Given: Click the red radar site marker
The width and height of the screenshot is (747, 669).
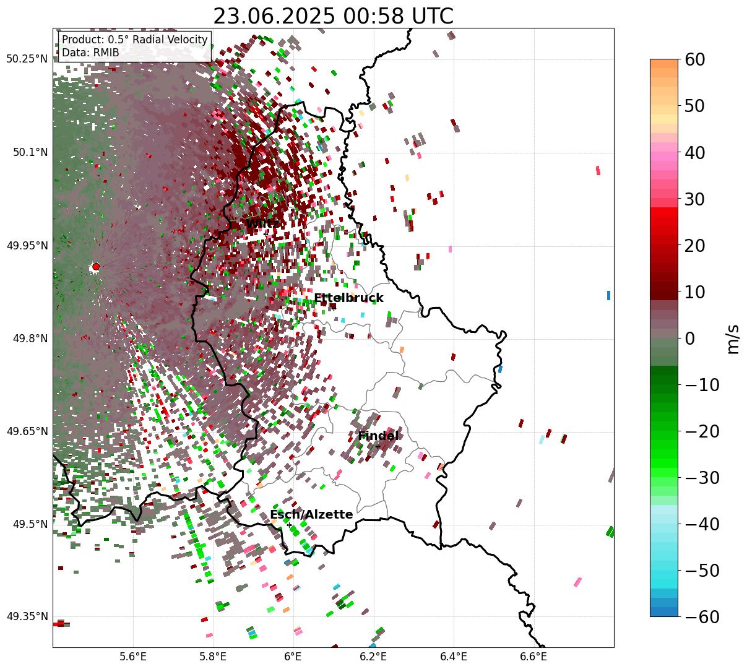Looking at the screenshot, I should click(96, 267).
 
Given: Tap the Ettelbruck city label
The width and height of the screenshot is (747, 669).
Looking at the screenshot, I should click(348, 298).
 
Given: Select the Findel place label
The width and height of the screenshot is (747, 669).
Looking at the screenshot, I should click(378, 436).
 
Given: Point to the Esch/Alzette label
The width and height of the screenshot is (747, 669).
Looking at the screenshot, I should click(311, 515).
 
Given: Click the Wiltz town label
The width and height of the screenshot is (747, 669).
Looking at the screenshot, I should click(262, 223).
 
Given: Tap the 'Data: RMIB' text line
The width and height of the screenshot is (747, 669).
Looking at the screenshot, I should click(90, 53).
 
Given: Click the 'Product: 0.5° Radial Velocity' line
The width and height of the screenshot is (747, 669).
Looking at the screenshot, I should click(135, 40).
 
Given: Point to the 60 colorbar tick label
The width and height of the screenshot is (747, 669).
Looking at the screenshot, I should click(694, 59).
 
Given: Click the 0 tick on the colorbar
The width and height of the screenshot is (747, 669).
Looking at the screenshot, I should click(689, 339).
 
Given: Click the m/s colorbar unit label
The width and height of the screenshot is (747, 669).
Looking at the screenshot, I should click(733, 339).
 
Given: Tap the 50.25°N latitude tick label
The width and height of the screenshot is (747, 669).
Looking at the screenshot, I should click(27, 59).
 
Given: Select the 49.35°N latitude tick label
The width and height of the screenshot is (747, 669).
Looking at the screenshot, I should click(27, 616).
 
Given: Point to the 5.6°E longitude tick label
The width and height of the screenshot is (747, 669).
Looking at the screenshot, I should click(133, 657).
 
